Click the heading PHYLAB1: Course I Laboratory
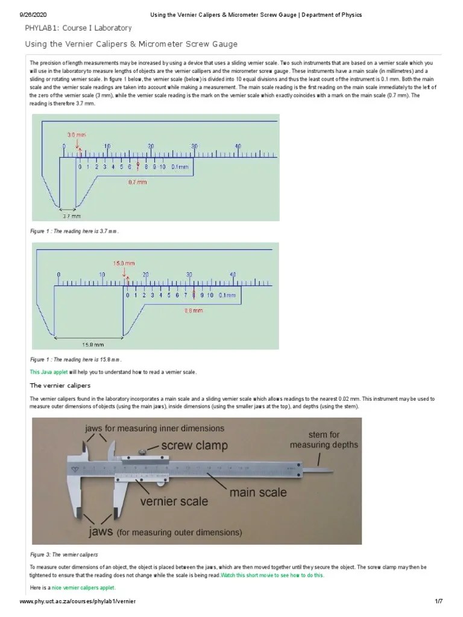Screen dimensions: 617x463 pyautogui.click(x=78, y=28)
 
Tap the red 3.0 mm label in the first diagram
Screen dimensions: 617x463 pyautogui.click(x=77, y=135)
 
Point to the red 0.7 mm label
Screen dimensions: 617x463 pyautogui.click(x=138, y=181)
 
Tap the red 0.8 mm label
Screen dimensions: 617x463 pyautogui.click(x=194, y=311)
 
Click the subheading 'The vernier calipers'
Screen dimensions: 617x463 pyautogui.click(x=60, y=385)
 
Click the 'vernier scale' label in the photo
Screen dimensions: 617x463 pyautogui.click(x=174, y=501)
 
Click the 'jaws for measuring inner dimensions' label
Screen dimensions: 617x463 pyautogui.click(x=154, y=428)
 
